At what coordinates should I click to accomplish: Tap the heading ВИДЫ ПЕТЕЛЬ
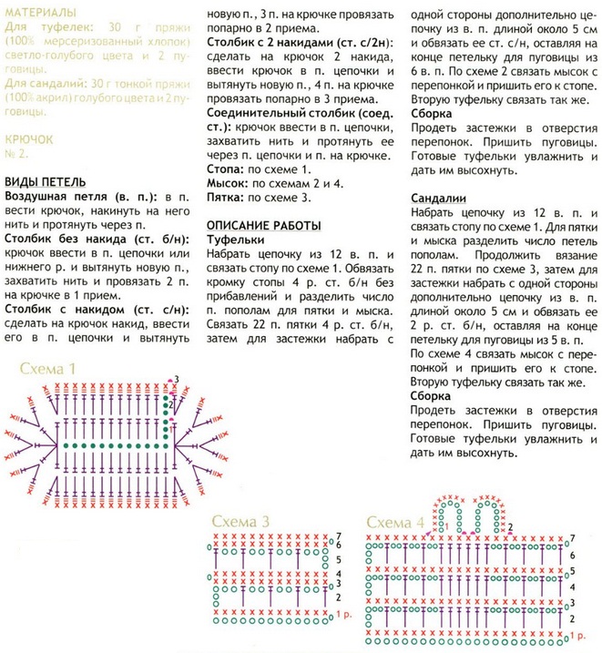pyautogui.click(x=46, y=180)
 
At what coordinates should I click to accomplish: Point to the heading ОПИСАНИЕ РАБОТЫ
pyautogui.click(x=264, y=225)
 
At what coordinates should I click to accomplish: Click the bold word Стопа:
pyautogui.click(x=228, y=169)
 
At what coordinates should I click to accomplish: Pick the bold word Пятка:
pyautogui.click(x=229, y=197)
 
